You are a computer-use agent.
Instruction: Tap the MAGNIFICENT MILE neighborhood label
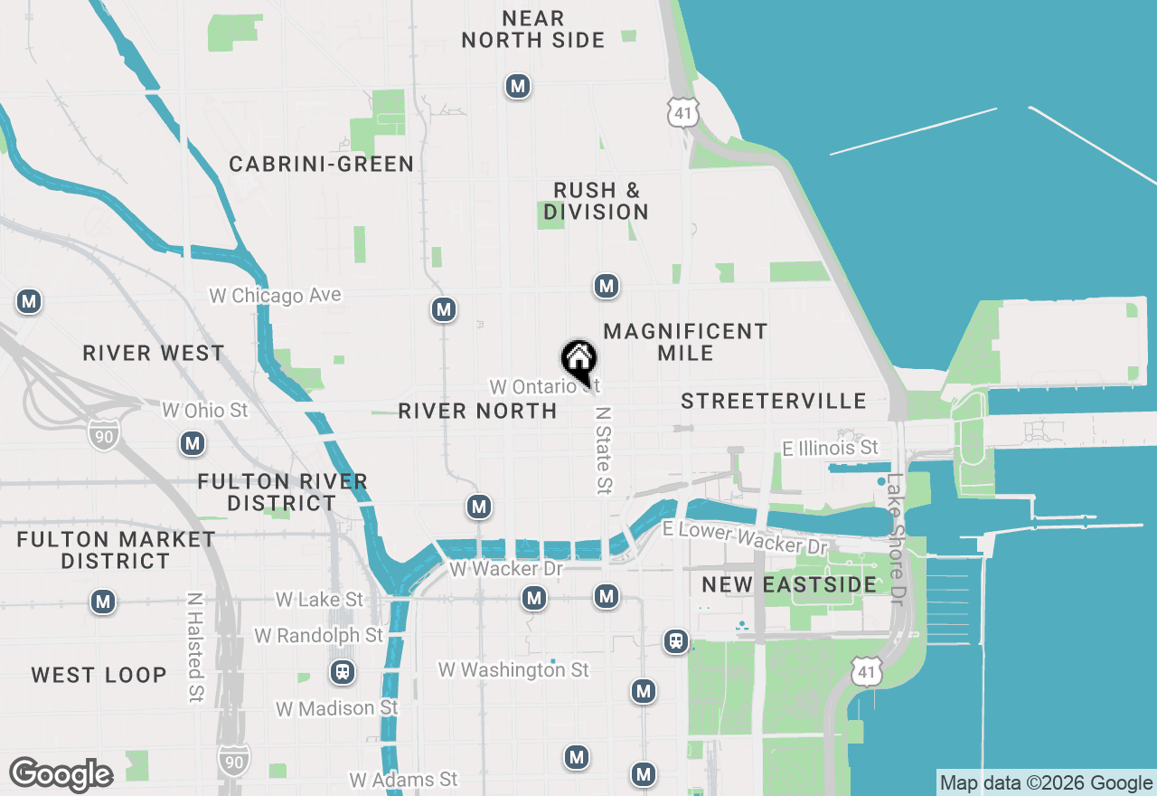pos(685,342)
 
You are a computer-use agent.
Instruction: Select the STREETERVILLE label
pos(774,401)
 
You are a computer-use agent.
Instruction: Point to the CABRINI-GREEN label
pos(321,164)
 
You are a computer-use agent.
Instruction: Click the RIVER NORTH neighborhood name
pos(477,411)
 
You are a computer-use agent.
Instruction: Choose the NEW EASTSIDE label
pos(789,584)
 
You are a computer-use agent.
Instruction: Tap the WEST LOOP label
pos(99,675)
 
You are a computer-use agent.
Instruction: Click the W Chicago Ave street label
pos(275,296)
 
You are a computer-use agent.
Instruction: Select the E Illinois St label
pos(830,448)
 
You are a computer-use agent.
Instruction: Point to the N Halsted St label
pos(194,648)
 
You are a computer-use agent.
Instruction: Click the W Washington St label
pos(513,670)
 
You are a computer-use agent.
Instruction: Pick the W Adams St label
pos(403,780)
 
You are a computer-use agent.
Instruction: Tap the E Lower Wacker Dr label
pos(745,538)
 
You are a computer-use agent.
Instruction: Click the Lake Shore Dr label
pos(895,539)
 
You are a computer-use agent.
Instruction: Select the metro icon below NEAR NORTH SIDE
pos(518,87)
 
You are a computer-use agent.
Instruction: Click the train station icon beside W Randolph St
pos(343,672)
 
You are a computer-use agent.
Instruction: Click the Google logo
pos(61,775)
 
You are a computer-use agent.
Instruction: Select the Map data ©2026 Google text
pos(1045,783)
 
